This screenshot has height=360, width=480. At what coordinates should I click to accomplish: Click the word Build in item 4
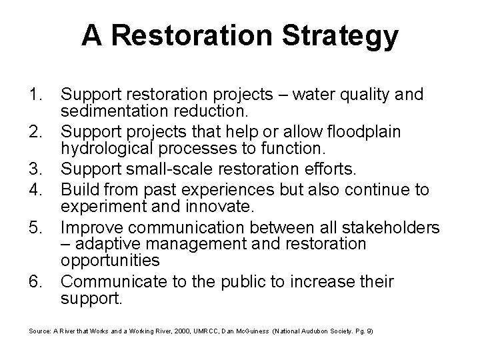[x=78, y=191]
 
